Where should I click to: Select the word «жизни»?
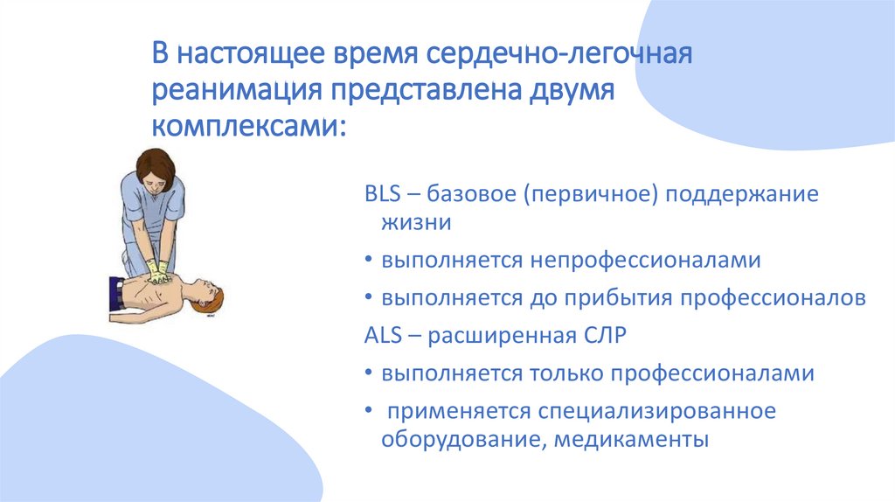416,223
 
